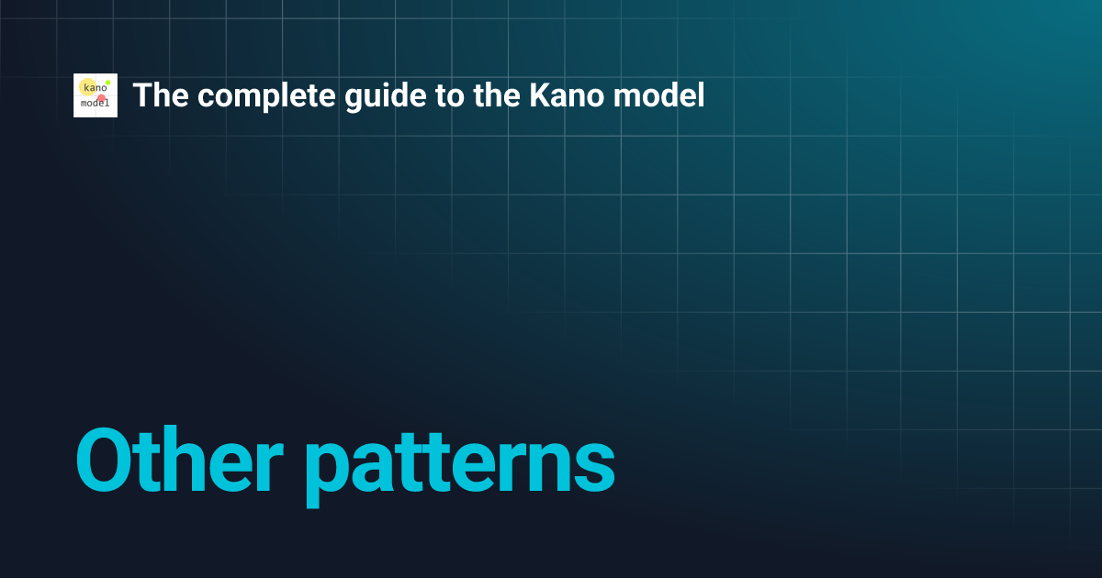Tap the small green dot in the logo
click(107, 83)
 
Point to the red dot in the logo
click(101, 98)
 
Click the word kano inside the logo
click(94, 88)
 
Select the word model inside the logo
click(96, 104)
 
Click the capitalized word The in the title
click(154, 95)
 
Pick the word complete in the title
click(242, 96)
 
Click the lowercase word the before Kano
click(454, 95)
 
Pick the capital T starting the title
click(141, 95)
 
